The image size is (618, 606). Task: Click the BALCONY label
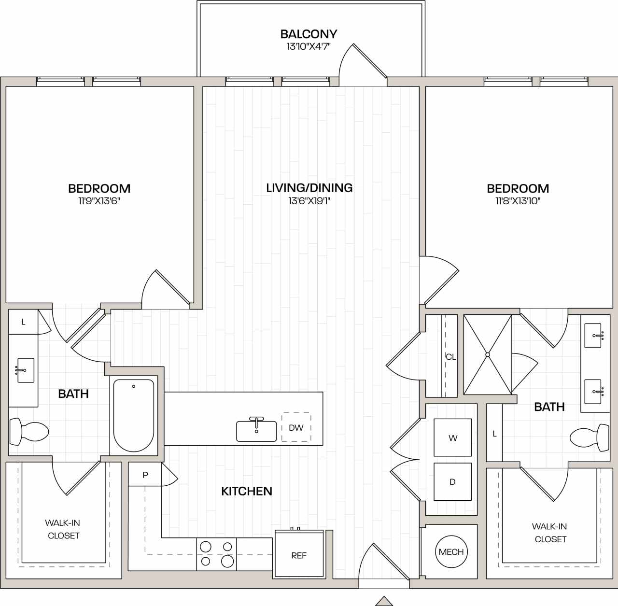pos(309,34)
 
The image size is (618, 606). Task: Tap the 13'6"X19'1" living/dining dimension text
pos(309,201)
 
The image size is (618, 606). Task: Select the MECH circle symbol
pos(451,552)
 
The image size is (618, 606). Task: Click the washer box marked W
pos(452,437)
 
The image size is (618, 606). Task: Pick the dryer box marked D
pos(452,481)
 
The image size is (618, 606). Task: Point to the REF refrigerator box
pos(299,555)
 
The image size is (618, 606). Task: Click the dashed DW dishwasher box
pos(296,427)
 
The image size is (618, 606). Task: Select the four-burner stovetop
pos(216,554)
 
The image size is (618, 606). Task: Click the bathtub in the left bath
pos(134,415)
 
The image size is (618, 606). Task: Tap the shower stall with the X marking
pos(487,354)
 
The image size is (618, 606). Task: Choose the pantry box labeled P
pos(145,475)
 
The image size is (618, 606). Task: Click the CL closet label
pos(450,357)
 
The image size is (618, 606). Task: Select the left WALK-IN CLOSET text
pos(63,529)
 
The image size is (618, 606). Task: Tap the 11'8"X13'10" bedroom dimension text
pos(518,201)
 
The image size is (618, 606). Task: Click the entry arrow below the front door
pos(384,601)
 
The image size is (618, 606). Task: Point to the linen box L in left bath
pos(23,322)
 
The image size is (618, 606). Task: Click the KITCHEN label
pos(246,491)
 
